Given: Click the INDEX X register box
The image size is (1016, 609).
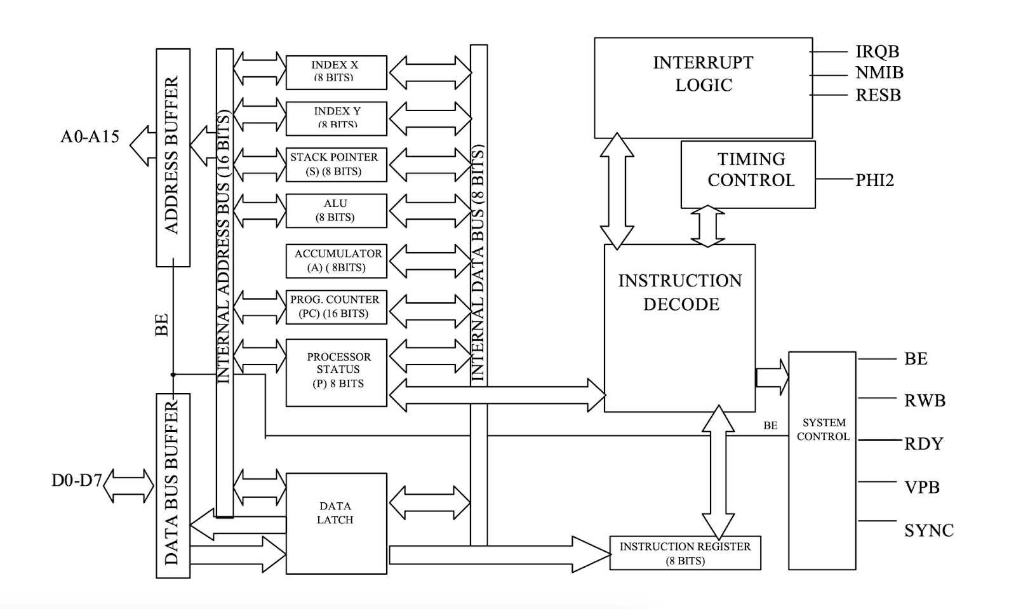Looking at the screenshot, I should click(x=336, y=72).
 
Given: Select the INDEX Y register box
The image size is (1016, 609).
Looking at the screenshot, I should click(x=336, y=118).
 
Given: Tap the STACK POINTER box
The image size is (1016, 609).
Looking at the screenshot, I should click(x=336, y=164).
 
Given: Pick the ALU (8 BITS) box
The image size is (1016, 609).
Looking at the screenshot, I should click(x=336, y=210).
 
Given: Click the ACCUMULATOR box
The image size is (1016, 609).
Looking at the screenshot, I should click(x=336, y=260).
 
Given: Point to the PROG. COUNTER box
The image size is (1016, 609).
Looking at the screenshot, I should click(x=336, y=306).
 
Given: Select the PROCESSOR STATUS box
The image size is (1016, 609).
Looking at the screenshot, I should click(x=336, y=372).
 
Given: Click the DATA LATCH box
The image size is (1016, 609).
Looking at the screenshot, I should click(x=336, y=523).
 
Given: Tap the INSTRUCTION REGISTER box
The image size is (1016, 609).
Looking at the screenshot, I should click(x=685, y=553).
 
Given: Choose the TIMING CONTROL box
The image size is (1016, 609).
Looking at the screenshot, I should click(x=748, y=174).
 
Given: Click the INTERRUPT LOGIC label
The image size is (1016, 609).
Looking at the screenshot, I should click(x=703, y=74).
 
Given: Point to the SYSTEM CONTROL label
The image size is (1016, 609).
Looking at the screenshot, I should click(x=824, y=429).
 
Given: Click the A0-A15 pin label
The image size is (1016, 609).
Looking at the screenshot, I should click(x=90, y=137).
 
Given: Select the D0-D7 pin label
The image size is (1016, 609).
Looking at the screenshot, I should click(x=76, y=480).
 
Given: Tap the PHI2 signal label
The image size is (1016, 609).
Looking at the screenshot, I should click(x=874, y=180).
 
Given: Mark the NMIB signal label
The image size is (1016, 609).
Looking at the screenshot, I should click(x=879, y=73).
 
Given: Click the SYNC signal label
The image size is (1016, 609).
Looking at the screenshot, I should click(x=929, y=531).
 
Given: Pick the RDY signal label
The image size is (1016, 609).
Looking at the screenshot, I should click(x=923, y=443).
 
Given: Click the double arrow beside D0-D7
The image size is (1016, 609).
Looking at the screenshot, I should click(x=129, y=486).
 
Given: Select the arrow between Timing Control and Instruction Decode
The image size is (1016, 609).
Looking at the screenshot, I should click(x=707, y=226).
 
